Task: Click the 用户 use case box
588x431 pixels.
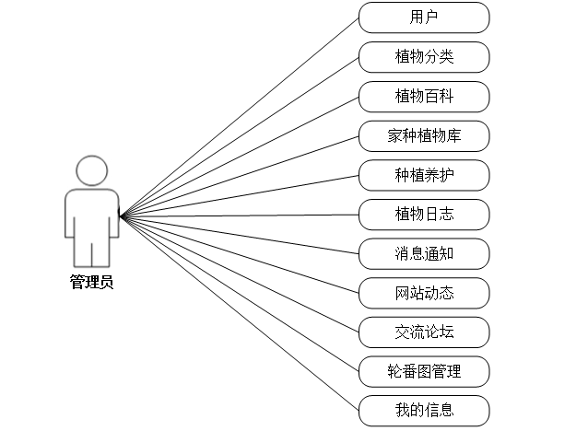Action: point(424,17)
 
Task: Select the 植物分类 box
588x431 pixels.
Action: point(424,56)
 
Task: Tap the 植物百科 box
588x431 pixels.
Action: point(424,96)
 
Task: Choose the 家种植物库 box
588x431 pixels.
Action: point(424,135)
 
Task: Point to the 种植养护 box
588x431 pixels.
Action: point(424,175)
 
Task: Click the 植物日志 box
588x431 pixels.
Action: point(424,215)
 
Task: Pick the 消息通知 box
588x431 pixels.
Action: point(424,253)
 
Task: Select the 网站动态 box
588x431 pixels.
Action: point(424,293)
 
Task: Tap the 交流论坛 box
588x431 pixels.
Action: point(424,332)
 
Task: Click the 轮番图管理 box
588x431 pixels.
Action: point(424,371)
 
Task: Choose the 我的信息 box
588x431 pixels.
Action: point(424,410)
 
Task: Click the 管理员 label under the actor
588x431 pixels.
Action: point(92,283)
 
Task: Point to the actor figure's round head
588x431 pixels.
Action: point(92,170)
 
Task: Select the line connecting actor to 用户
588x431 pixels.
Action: point(240,117)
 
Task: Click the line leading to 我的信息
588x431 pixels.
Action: point(240,313)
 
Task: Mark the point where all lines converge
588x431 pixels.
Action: point(122,216)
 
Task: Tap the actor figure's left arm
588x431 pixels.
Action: point(70,216)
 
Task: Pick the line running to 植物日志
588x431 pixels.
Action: point(240,215)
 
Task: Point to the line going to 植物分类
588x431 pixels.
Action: point(240,136)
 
